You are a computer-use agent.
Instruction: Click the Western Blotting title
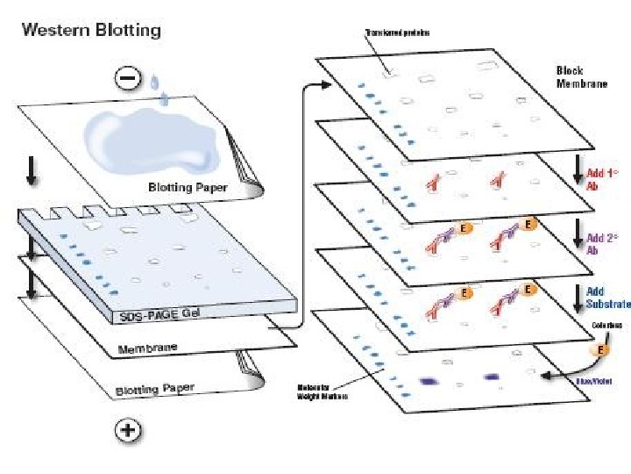[91, 30]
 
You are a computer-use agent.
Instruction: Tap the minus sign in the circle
[127, 79]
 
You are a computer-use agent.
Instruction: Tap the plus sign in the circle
[127, 430]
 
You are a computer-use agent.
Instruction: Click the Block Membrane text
[582, 76]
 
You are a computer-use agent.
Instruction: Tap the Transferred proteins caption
[396, 33]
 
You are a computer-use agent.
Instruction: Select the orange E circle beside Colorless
[601, 348]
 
